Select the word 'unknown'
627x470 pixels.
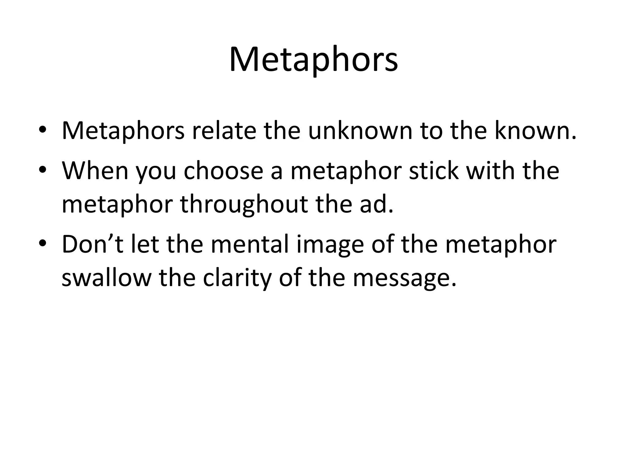pyautogui.click(x=360, y=131)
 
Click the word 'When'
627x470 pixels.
pyautogui.click(x=95, y=171)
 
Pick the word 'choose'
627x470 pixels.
pyautogui.click(x=223, y=171)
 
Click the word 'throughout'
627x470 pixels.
pyautogui.click(x=244, y=204)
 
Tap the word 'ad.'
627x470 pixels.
pyautogui.click(x=376, y=204)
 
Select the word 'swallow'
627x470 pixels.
pyautogui.click(x=107, y=278)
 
